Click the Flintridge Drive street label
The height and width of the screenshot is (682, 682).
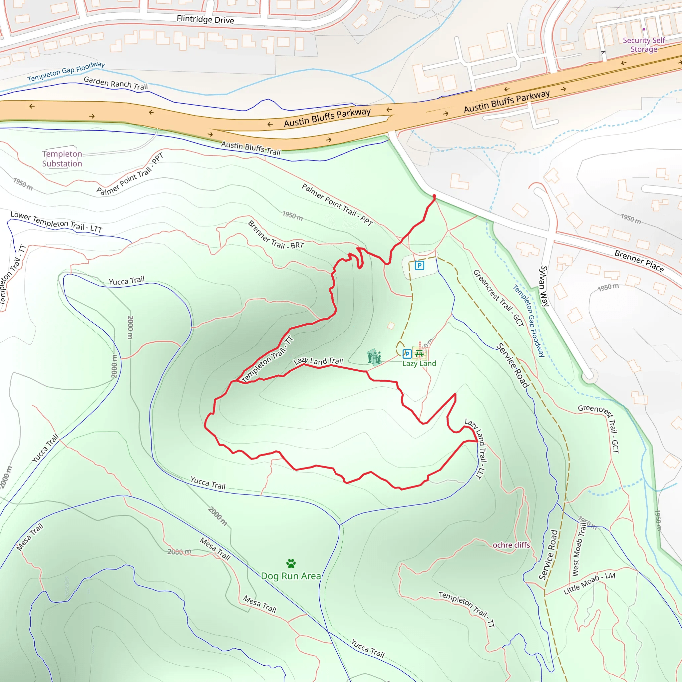205,19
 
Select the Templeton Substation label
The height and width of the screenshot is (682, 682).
62,159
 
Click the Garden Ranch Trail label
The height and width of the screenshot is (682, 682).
116,83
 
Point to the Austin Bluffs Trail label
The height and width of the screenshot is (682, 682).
251,148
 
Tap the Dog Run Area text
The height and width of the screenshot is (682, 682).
291,576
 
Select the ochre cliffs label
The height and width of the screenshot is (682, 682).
511,545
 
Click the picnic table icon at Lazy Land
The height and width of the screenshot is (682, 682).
419,353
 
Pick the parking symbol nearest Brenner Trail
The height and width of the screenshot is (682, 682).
419,265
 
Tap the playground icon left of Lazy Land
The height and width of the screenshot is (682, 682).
374,357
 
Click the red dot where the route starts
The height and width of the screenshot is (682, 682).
434,196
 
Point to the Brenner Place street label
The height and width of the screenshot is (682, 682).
639,261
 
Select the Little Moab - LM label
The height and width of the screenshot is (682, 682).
589,584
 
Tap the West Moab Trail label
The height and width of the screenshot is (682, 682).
578,549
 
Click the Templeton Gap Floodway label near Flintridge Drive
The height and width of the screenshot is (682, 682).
66,71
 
